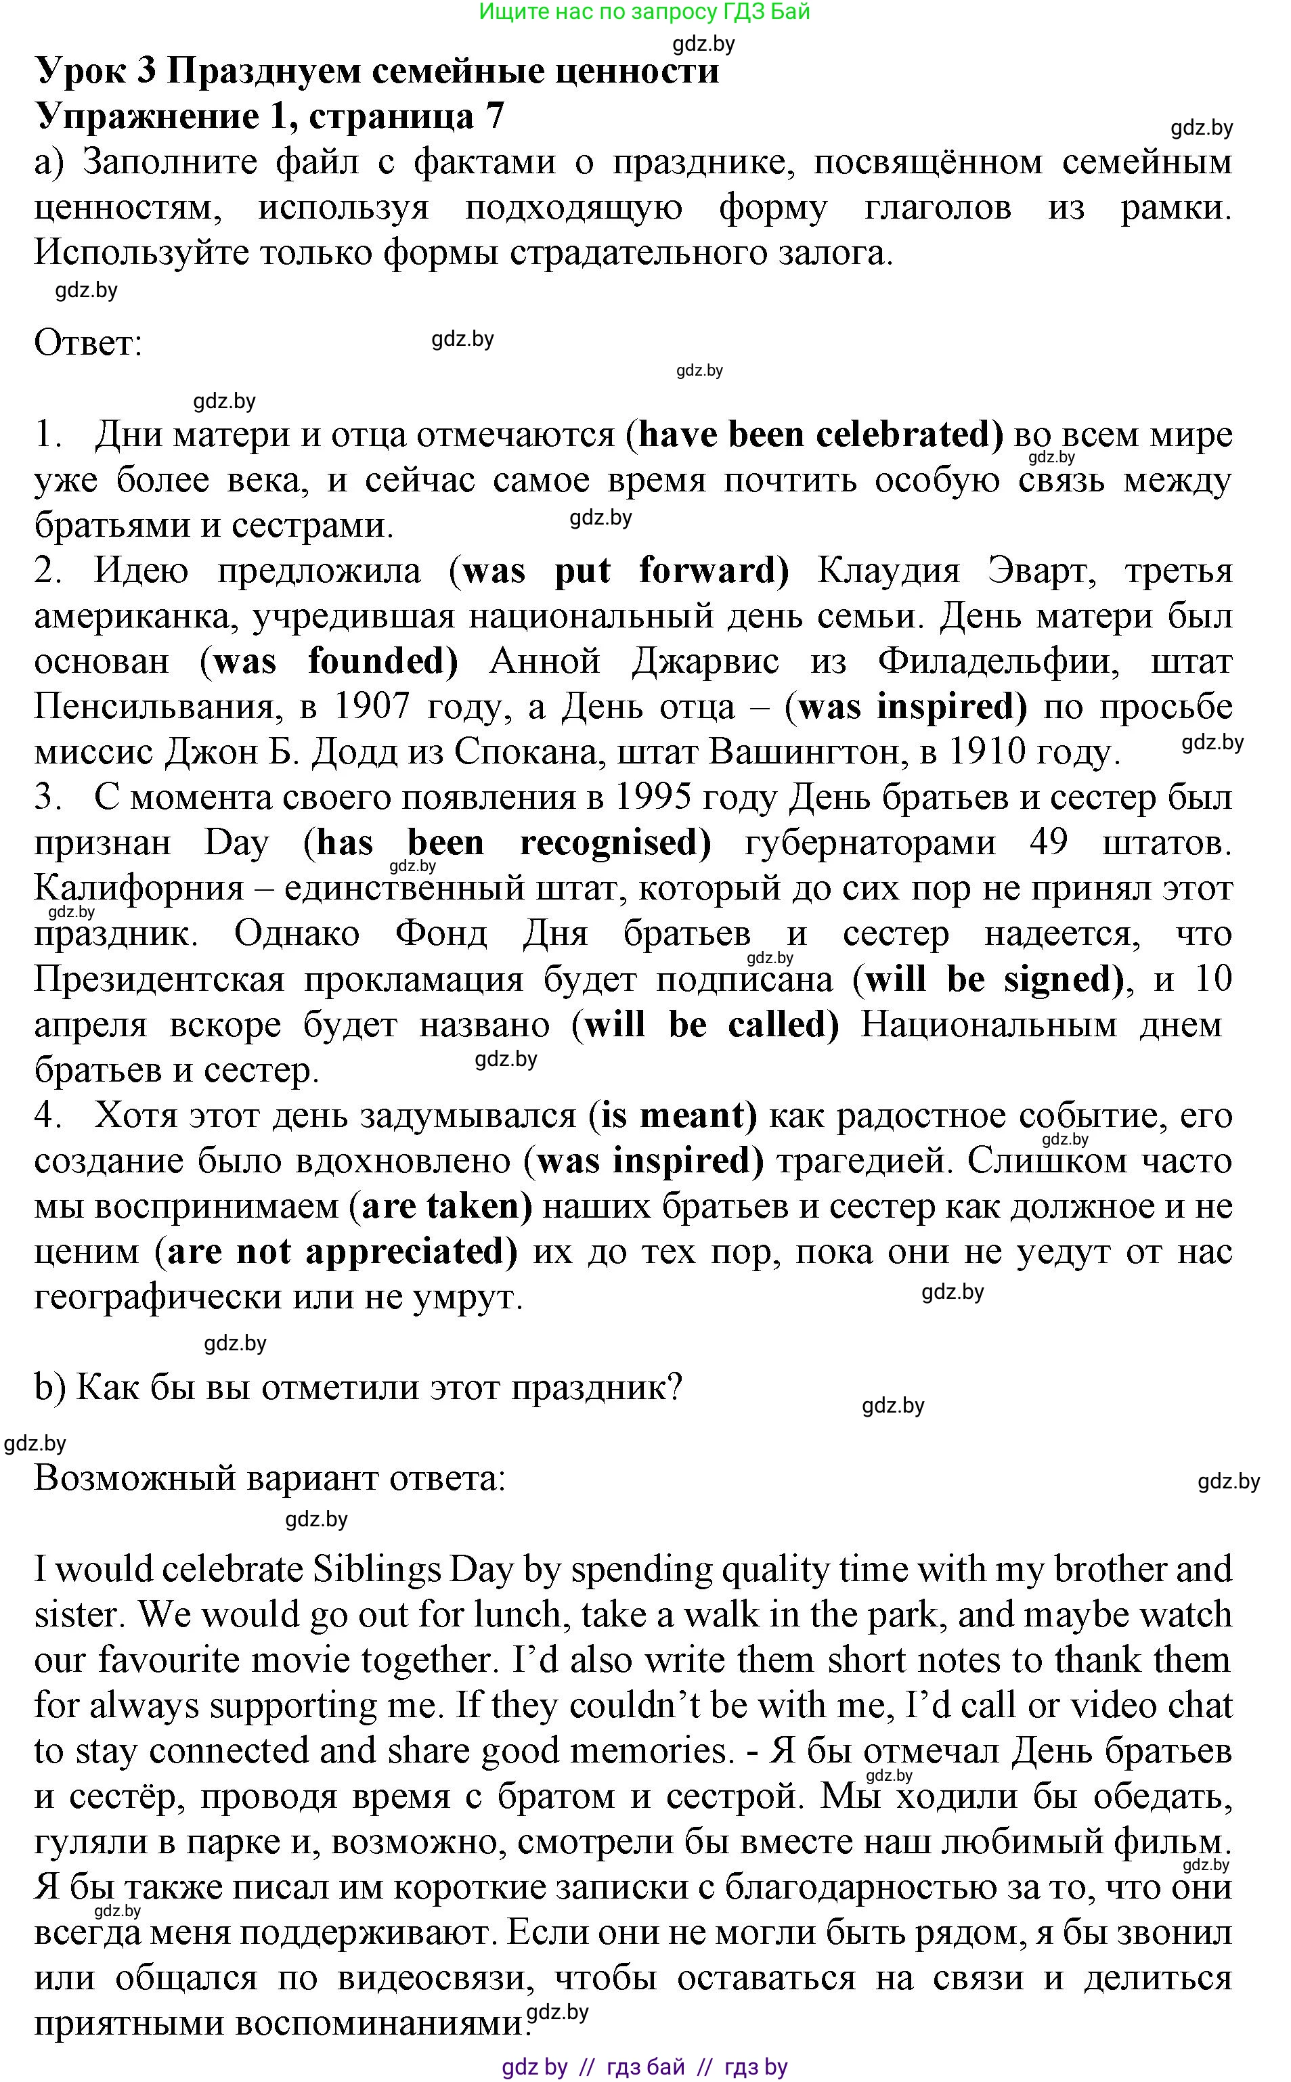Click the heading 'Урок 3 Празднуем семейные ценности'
376,71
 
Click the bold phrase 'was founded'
329,661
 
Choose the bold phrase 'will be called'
705,1024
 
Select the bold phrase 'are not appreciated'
336,1252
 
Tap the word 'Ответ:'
88,344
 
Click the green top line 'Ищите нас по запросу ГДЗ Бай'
644,12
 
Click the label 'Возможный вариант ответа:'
270,1478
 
